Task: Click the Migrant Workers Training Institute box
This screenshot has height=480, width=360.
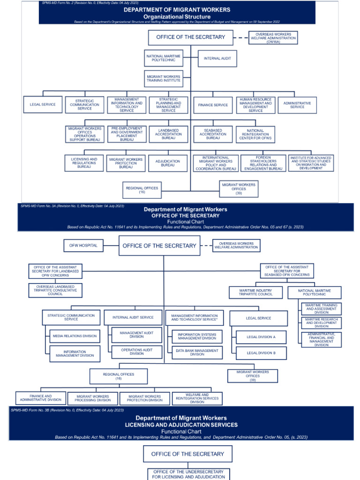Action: tap(163, 79)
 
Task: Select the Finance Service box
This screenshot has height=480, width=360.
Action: tap(213, 105)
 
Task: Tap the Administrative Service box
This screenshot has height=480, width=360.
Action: tap(297, 105)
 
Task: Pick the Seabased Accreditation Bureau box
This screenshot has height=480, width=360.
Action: tap(213, 134)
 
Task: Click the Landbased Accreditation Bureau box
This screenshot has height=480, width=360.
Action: tap(168, 134)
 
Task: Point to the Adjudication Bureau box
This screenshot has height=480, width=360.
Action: tap(168, 163)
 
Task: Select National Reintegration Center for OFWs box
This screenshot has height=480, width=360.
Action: tap(255, 134)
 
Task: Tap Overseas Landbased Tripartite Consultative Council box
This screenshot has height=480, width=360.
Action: tap(55, 290)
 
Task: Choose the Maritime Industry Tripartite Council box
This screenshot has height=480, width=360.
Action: tap(255, 292)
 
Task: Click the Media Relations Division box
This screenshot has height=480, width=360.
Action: tap(75, 336)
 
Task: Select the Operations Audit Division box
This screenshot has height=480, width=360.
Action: tap(136, 352)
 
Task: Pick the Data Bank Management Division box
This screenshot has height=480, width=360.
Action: tap(197, 352)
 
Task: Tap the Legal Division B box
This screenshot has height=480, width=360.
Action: tap(261, 352)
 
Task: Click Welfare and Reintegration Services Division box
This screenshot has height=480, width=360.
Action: tap(197, 398)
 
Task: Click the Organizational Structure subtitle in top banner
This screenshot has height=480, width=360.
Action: tap(177, 16)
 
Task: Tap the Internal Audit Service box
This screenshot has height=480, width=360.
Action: tap(133, 317)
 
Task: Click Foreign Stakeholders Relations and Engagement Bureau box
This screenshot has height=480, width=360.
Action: tap(263, 163)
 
